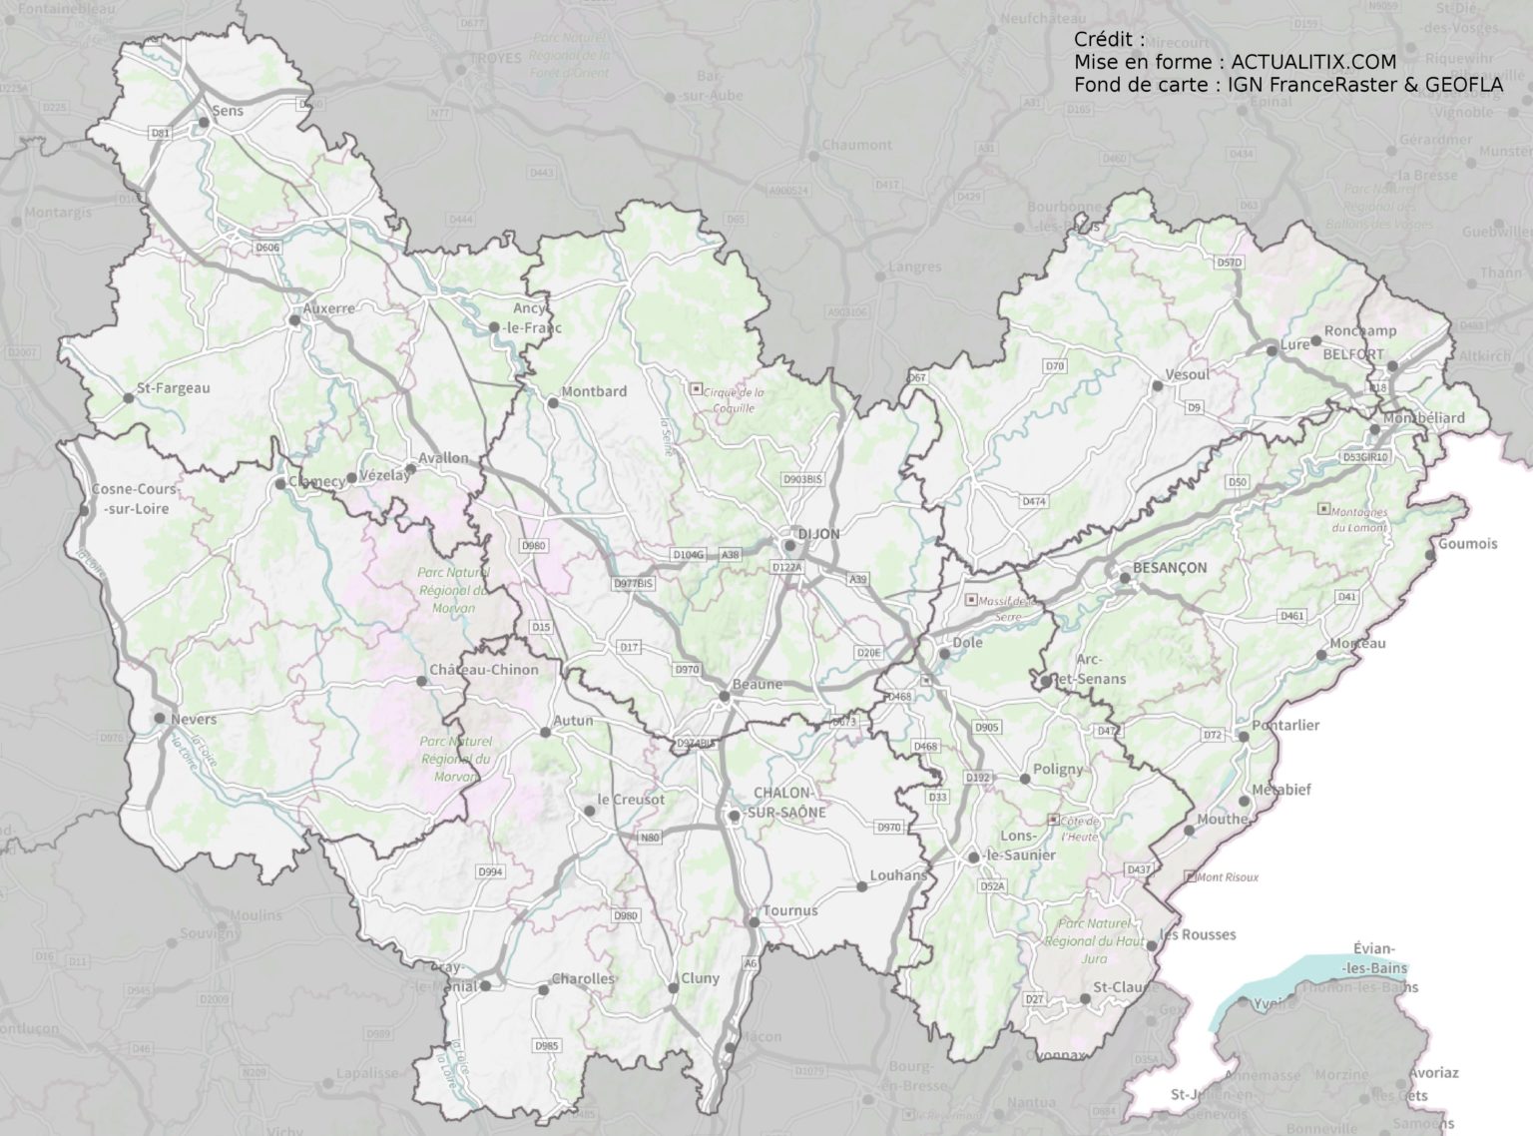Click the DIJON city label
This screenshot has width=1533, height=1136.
pos(818,534)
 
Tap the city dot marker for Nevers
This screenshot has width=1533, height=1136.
pos(160,718)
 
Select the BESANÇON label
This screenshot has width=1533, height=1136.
pos(1170,567)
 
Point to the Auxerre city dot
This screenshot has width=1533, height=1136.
pos(293,320)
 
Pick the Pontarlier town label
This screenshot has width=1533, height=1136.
pos(1286,725)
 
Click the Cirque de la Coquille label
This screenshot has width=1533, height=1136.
pos(734,399)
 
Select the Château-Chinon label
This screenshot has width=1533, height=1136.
pos(483,670)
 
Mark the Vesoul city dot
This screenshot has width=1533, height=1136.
pos(1157,384)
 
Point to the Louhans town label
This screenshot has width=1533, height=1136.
pos(898,875)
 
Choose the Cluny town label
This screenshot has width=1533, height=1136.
pos(700,978)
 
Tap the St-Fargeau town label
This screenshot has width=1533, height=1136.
pos(174,387)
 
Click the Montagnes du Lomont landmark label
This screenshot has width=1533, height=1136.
pos(1352,519)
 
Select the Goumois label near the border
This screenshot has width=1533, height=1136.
pos(1467,544)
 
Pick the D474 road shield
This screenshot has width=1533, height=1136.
pos(1033,501)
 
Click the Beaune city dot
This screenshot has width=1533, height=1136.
pos(724,696)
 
